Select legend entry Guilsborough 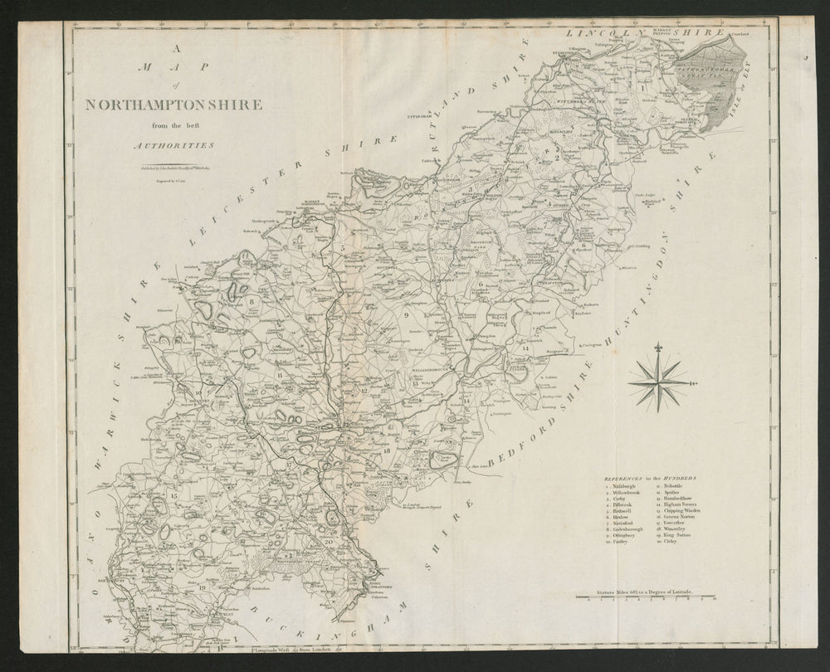[x=627, y=529]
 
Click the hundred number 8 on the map [x=251, y=302]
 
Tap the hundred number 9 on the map [x=407, y=316]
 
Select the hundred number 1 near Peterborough [x=642, y=85]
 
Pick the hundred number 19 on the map [x=203, y=587]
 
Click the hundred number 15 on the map [x=173, y=496]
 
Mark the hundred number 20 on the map [x=329, y=542]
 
